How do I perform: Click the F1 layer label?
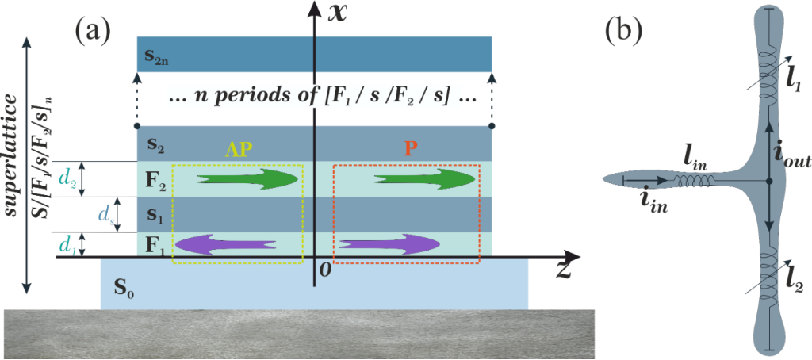pyautogui.click(x=156, y=244)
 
